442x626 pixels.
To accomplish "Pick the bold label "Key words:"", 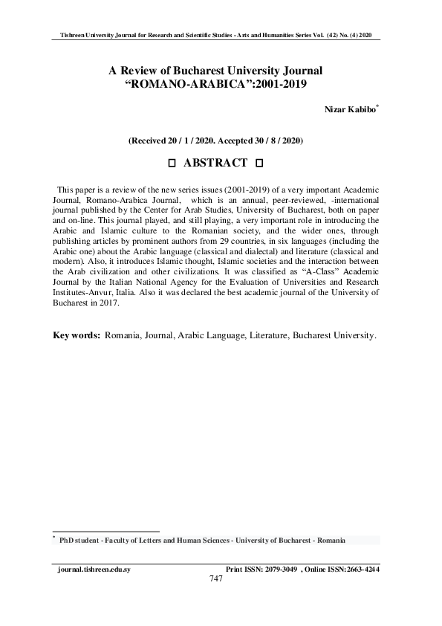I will [x=77, y=336].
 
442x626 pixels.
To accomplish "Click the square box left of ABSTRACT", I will [x=172, y=164].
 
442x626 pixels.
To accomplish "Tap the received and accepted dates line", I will [x=215, y=140].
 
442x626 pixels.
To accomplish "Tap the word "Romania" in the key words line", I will [x=124, y=336].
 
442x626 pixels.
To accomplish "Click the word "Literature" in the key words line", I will [x=263, y=336].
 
